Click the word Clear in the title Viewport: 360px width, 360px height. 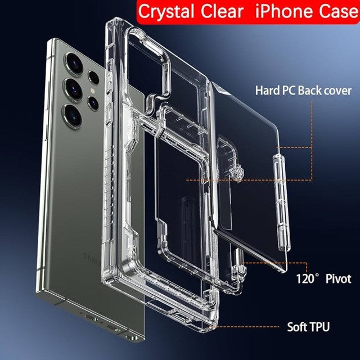222,11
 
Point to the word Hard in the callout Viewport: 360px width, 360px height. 267,90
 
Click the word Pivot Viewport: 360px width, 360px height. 339,279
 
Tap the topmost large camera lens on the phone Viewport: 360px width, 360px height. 74,64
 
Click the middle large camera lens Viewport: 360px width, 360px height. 74,89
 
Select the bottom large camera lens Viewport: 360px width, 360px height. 73,115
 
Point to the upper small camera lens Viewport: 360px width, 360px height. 94,78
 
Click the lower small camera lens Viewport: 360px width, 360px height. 93,103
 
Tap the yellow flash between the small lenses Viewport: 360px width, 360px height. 93,91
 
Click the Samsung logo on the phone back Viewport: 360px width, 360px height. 92,259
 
